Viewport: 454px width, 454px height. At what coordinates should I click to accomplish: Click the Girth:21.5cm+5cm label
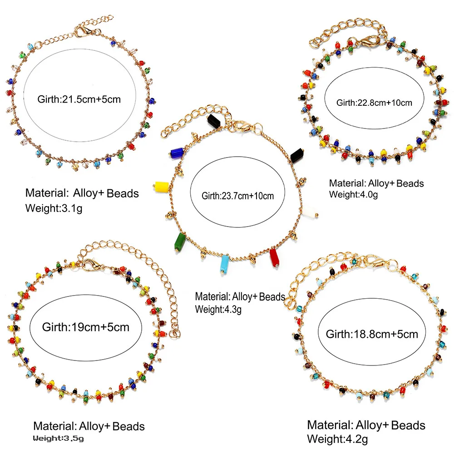79,99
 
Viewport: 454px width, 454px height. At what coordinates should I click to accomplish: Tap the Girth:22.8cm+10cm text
374,103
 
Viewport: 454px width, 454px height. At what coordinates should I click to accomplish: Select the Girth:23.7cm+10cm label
238,196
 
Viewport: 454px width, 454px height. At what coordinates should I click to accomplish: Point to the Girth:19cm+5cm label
86,327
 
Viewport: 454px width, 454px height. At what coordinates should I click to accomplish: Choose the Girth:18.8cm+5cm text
372,334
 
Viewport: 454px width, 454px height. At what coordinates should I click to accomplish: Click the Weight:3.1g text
54,208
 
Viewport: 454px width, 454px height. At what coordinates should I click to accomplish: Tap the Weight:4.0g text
354,195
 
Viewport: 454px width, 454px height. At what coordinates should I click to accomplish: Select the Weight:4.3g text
218,310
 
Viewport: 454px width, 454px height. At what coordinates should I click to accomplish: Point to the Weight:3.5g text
58,439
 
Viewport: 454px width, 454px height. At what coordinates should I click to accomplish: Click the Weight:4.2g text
337,439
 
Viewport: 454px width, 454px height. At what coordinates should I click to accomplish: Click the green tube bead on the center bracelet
179,242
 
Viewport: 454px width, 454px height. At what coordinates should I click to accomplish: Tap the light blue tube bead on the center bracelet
224,264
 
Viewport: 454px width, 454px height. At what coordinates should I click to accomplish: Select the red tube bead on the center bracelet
274,258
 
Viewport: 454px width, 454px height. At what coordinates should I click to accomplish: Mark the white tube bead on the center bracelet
310,212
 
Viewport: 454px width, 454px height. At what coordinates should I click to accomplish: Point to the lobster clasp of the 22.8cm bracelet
368,41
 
